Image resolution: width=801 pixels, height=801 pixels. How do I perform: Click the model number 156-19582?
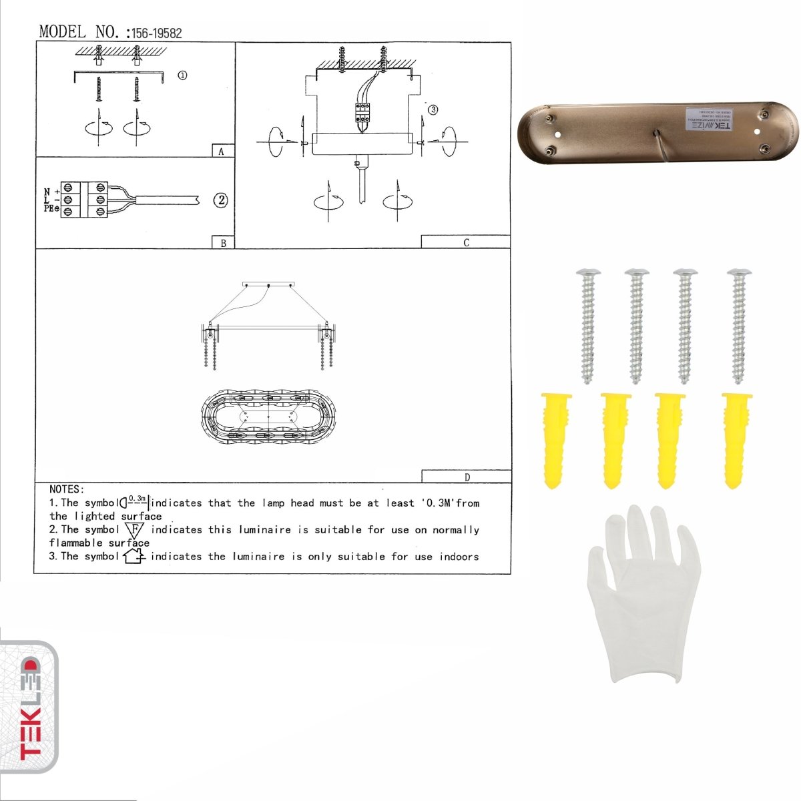click(x=156, y=33)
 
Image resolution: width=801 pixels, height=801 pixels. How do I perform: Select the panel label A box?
click(x=222, y=151)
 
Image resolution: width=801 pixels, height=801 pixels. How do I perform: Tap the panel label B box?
click(x=223, y=242)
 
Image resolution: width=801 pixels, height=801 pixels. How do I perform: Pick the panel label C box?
click(x=466, y=242)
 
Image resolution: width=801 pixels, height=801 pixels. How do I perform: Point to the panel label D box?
click(x=466, y=476)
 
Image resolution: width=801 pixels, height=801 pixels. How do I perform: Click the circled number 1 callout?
click(x=182, y=75)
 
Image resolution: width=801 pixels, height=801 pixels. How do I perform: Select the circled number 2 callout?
click(x=220, y=200)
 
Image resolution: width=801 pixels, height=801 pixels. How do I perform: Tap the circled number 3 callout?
click(x=433, y=109)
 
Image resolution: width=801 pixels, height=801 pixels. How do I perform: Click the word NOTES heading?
click(x=66, y=490)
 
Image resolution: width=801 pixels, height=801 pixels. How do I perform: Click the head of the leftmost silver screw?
click(x=587, y=272)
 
